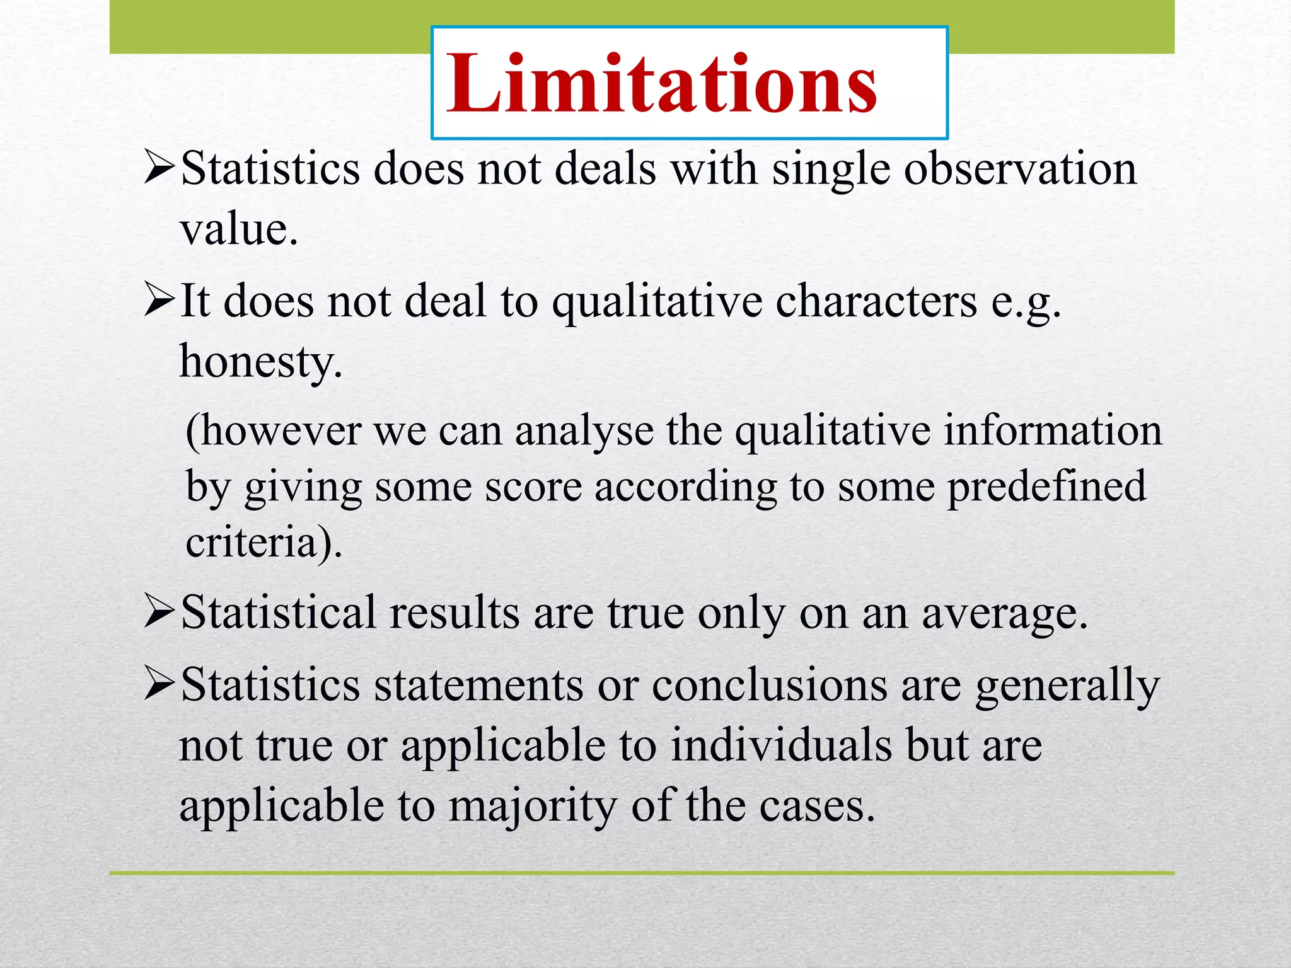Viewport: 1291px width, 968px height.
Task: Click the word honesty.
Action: (x=261, y=362)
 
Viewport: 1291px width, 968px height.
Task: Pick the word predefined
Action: (x=1046, y=487)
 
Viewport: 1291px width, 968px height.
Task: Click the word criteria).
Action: (x=263, y=542)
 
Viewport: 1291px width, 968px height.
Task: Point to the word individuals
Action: (x=781, y=746)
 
